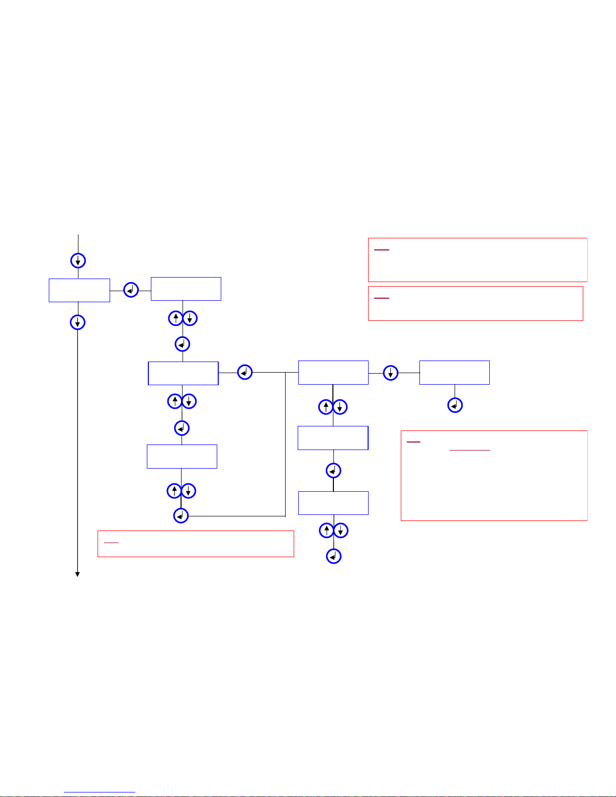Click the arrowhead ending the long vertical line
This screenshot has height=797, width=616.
[77, 574]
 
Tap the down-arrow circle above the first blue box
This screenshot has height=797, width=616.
[78, 260]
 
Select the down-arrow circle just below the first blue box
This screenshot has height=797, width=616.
[77, 322]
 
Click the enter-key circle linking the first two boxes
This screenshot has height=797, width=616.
[131, 290]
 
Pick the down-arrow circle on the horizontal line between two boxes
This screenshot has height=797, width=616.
[390, 373]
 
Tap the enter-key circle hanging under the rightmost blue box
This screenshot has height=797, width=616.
[455, 405]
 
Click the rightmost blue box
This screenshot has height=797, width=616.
[454, 373]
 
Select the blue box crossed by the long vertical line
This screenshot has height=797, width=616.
[79, 290]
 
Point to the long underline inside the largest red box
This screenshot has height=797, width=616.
[470, 450]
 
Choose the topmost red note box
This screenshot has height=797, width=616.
[478, 259]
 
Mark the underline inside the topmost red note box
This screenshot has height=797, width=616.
[382, 250]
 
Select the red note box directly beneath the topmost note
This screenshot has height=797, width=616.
[475, 303]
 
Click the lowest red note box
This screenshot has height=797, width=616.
[196, 544]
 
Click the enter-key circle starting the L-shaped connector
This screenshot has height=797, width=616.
[181, 516]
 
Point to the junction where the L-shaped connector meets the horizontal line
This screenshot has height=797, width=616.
[285, 373]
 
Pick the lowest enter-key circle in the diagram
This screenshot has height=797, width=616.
[333, 556]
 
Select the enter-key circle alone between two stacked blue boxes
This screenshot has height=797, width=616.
[333, 471]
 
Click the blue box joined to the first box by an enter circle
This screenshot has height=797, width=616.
[186, 289]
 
